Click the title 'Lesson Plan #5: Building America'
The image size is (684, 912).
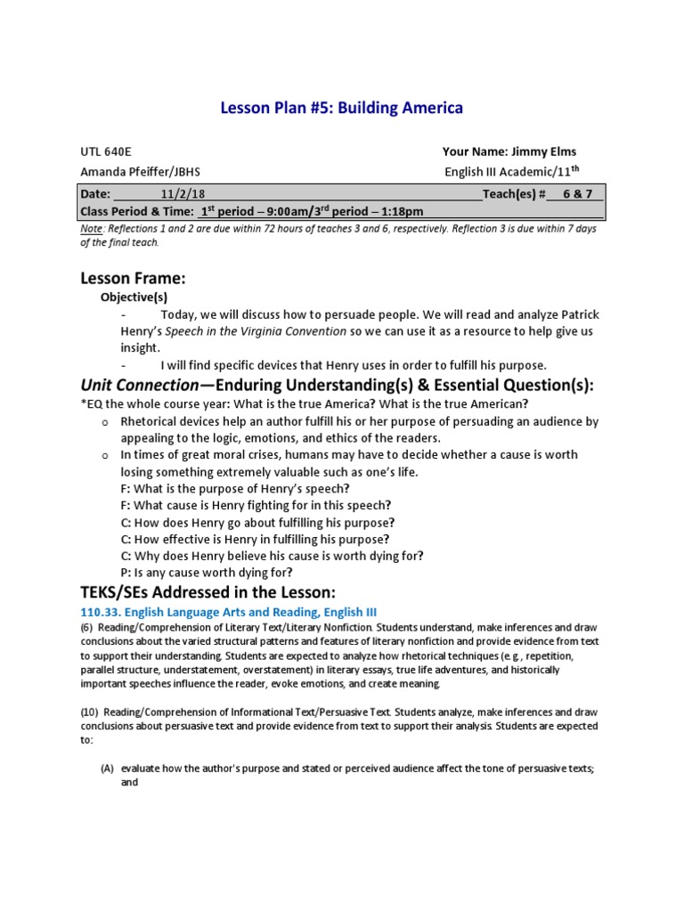click(341, 109)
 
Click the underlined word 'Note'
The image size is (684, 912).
click(92, 229)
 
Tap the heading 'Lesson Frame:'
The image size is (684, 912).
click(133, 279)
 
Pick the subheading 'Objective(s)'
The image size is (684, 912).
click(134, 297)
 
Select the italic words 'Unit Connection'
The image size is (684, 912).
click(138, 385)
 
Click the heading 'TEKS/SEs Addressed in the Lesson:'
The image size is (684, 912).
click(208, 592)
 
